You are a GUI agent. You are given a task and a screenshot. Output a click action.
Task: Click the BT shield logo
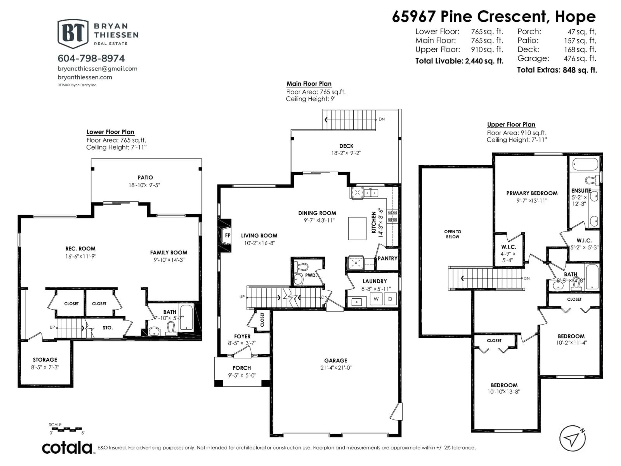point(73,34)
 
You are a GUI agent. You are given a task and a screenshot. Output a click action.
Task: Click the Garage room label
point(336,360)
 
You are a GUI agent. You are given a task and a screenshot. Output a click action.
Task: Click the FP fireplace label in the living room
point(227,235)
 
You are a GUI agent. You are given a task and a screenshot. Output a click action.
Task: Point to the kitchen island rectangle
point(357,228)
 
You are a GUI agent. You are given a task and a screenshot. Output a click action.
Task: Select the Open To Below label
point(452,234)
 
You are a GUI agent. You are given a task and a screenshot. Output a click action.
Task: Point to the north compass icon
point(573,438)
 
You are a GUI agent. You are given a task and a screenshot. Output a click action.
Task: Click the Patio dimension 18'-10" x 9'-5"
point(144,185)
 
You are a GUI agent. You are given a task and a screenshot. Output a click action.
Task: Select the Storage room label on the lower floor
point(45,360)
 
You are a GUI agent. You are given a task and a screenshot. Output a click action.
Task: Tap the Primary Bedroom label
point(532,193)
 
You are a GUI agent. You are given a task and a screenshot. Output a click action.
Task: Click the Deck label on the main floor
point(346,146)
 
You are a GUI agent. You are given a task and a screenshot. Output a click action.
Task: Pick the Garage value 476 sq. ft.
point(580,58)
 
